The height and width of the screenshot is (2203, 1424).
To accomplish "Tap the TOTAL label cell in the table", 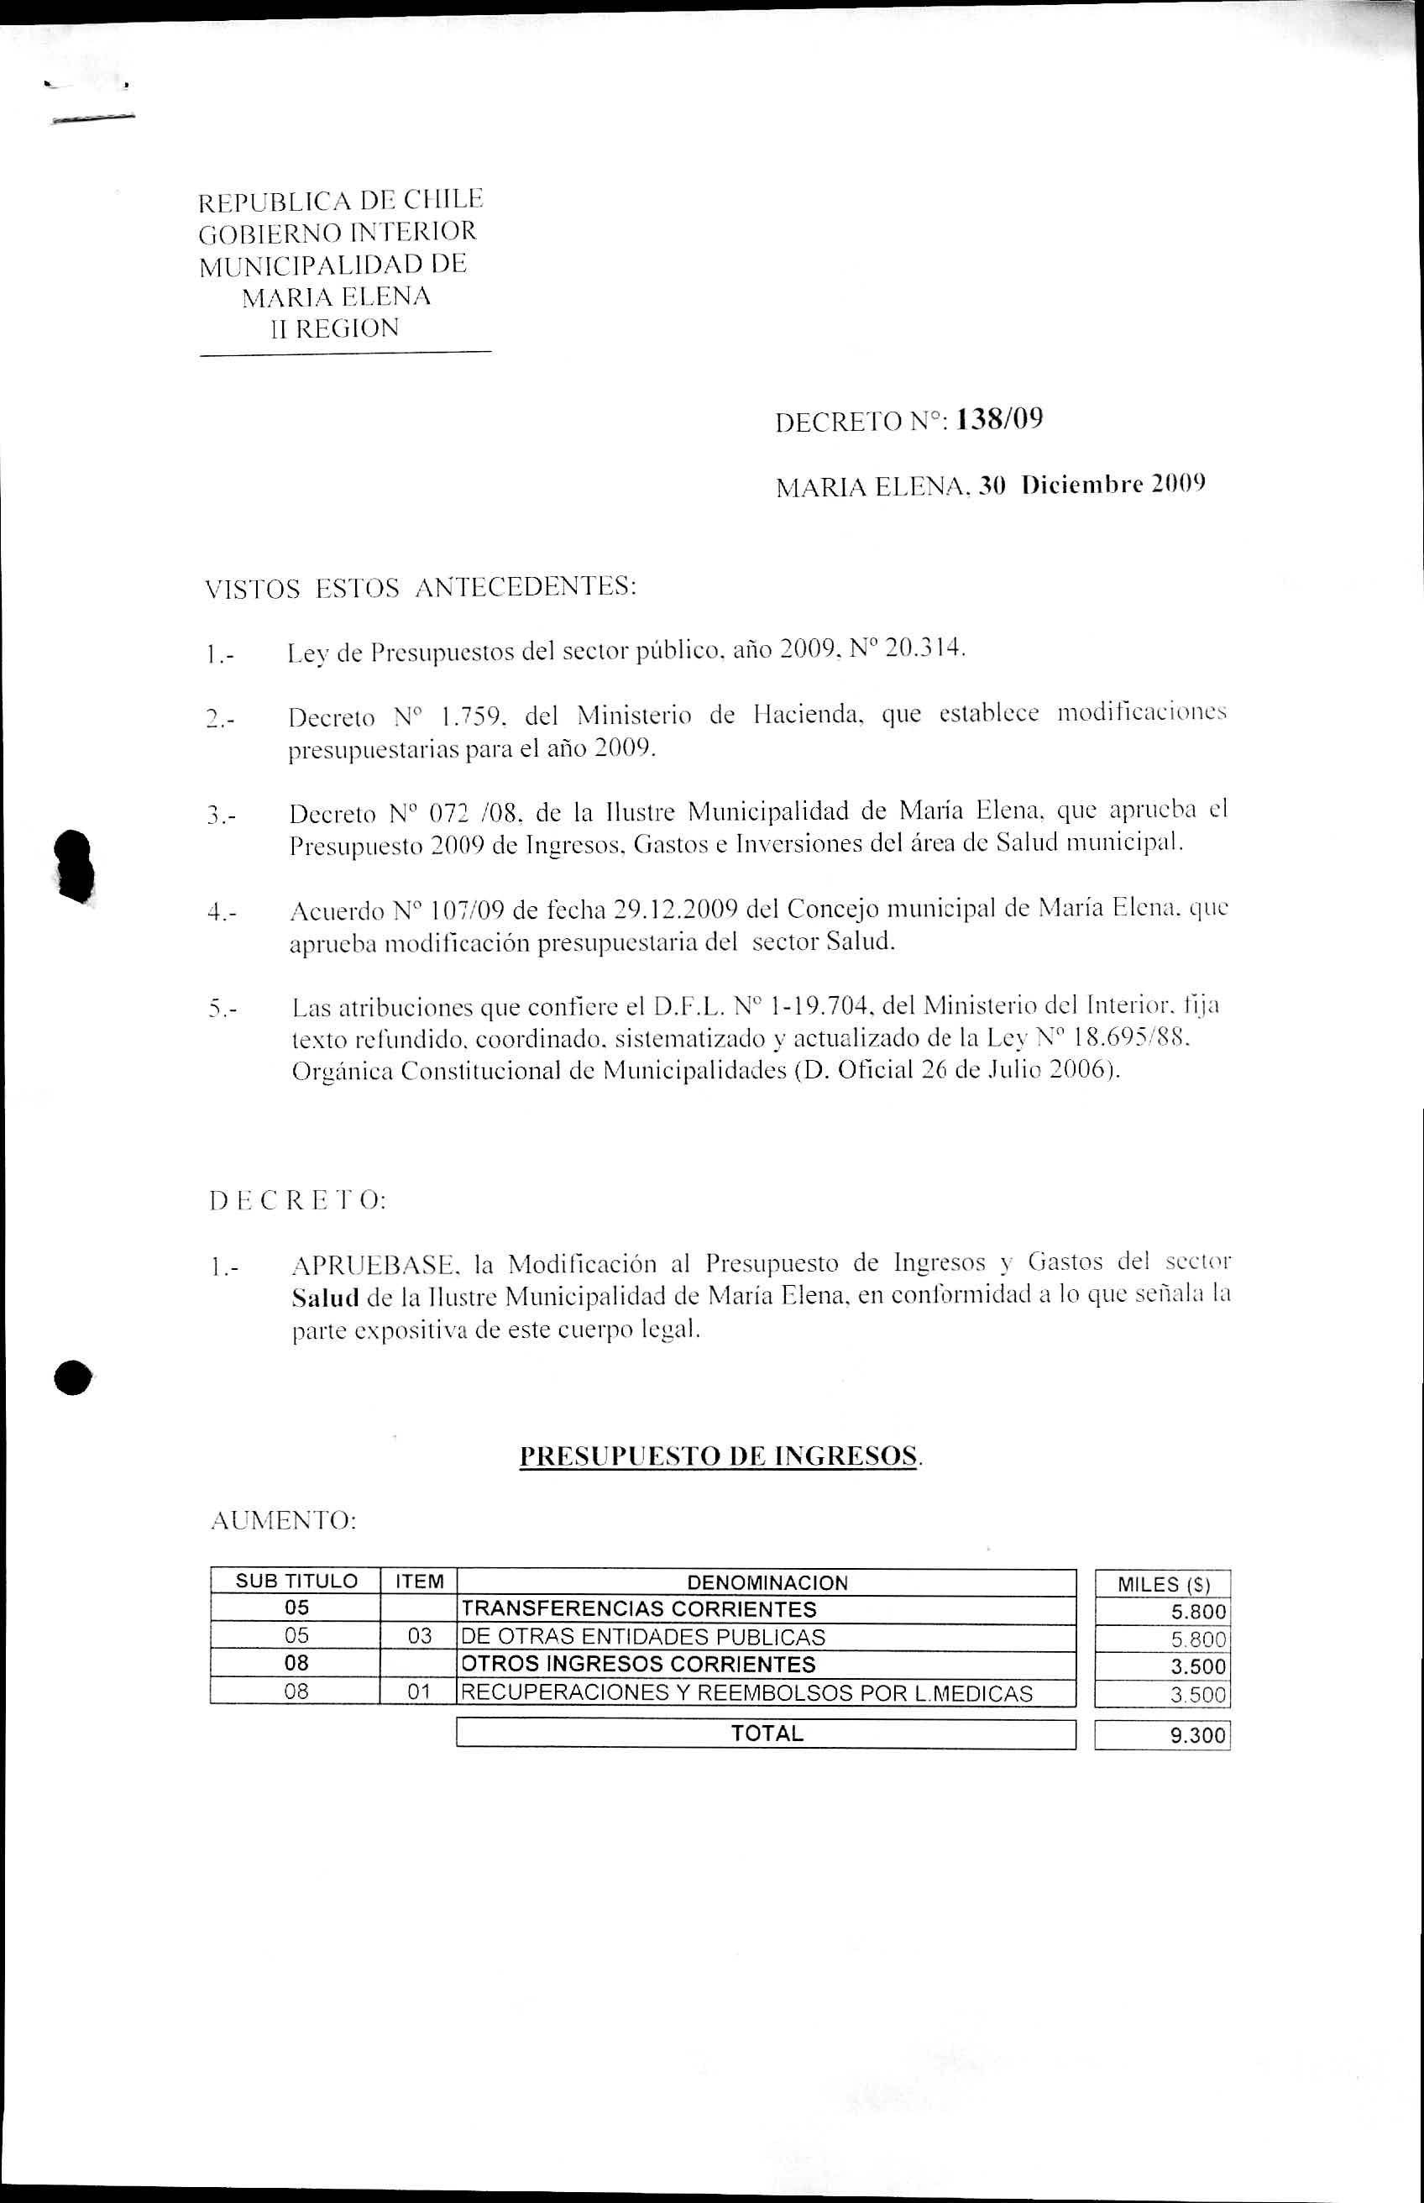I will pos(767,1734).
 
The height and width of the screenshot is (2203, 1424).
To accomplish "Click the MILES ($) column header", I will pos(1163,1584).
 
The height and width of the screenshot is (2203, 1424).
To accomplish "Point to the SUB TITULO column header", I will pos(296,1581).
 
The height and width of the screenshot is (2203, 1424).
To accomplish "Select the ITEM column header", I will pos(419,1581).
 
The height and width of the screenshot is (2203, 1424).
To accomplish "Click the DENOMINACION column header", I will pos(767,1582).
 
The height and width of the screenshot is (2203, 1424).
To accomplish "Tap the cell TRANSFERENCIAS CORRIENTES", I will pos(639,1609).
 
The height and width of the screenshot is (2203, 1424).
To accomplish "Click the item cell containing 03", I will pos(419,1636).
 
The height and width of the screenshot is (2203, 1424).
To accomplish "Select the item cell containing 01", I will pos(419,1692).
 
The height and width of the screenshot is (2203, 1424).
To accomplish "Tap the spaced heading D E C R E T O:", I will pos(298,1201).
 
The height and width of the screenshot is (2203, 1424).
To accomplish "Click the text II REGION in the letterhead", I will pos(334,328).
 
